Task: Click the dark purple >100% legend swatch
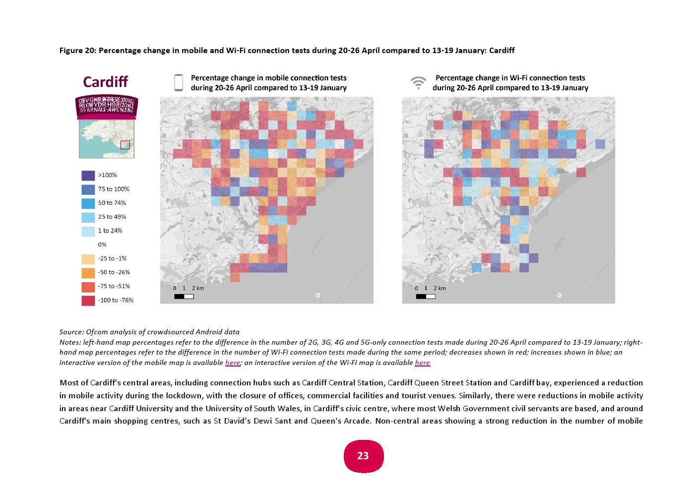pos(88,176)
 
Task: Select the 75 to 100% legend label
pos(114,189)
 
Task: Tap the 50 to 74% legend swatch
pos(88,203)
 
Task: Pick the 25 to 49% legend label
pos(112,217)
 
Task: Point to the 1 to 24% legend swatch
pos(88,231)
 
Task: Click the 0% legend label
pos(102,245)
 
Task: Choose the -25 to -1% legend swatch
pos(88,259)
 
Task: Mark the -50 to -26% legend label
pos(114,272)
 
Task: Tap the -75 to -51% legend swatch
pos(88,287)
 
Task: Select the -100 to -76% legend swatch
pos(88,301)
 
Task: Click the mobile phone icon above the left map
pos(179,83)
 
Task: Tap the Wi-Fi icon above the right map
pos(419,82)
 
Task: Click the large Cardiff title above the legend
pos(105,82)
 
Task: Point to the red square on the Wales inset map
pos(125,145)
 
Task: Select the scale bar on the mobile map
pos(184,297)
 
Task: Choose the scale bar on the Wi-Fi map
pos(426,297)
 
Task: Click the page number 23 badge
pos(363,456)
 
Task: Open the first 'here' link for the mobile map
pos(232,363)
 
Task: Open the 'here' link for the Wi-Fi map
pos(422,363)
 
